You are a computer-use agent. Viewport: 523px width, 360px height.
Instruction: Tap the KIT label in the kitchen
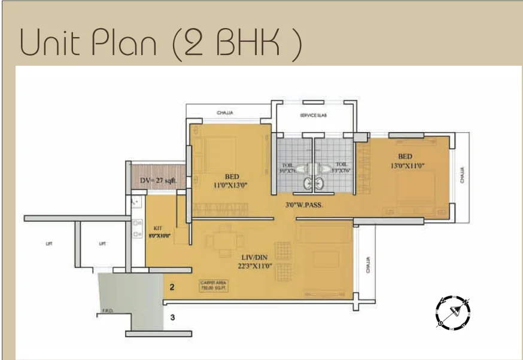point(159,228)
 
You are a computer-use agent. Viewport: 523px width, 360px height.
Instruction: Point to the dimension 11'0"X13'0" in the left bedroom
point(232,185)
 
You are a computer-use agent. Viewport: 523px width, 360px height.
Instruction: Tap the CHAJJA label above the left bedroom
point(225,112)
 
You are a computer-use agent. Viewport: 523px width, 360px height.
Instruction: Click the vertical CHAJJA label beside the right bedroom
point(463,175)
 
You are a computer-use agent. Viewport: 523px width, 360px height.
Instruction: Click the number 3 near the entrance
point(172,318)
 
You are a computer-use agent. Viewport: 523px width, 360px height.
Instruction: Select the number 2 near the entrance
point(172,288)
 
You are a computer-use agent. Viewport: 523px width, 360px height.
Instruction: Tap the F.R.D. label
point(108,310)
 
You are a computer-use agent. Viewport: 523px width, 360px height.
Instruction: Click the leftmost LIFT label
point(48,243)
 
